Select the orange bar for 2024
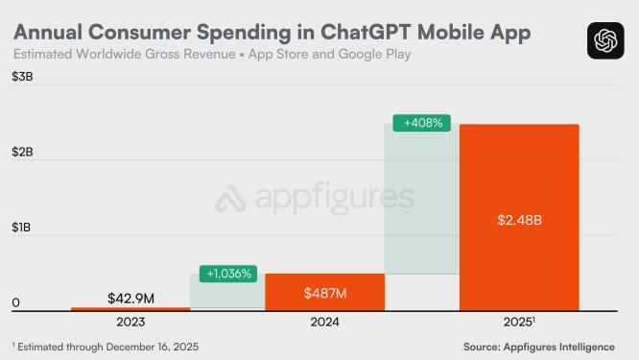click(x=324, y=292)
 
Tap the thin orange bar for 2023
click(x=130, y=309)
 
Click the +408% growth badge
click(x=421, y=123)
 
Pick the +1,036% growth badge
click(x=228, y=274)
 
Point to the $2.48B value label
click(x=519, y=220)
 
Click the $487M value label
click(x=324, y=292)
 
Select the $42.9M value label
click(x=131, y=296)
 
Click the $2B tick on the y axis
click(x=22, y=152)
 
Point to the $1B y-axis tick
click(x=22, y=228)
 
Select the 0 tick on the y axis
click(x=16, y=303)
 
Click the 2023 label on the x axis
click(x=131, y=322)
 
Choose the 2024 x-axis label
click(x=324, y=322)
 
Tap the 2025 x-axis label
click(x=518, y=322)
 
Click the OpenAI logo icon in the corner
click(x=604, y=40)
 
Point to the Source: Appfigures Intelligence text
click(x=551, y=346)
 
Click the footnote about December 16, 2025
click(x=106, y=346)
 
